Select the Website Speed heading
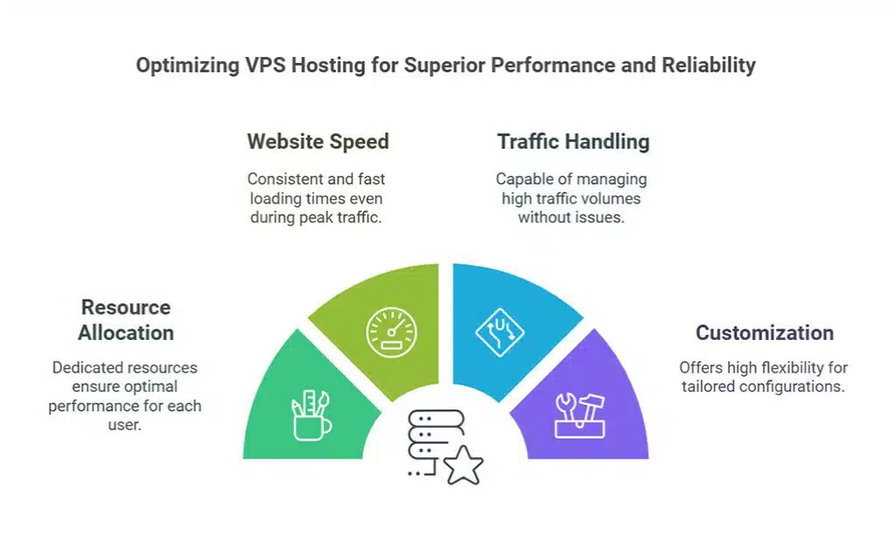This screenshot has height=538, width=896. [x=318, y=141]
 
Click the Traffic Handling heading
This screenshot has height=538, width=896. [x=573, y=141]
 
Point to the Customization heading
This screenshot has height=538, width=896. [x=764, y=333]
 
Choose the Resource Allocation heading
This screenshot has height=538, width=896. [x=126, y=320]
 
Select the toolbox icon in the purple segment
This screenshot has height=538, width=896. [x=578, y=414]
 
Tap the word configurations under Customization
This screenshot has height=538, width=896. [x=791, y=386]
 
